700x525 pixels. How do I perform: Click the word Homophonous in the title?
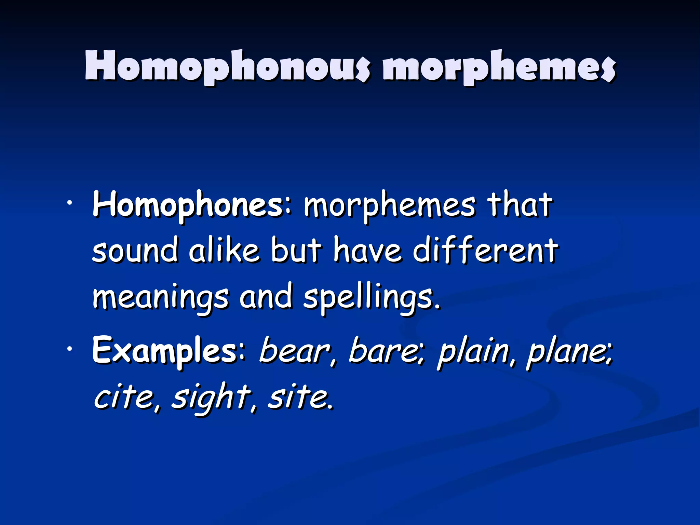[227, 67]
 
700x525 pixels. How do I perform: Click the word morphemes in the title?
[499, 67]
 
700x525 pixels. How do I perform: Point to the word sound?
[135, 251]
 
